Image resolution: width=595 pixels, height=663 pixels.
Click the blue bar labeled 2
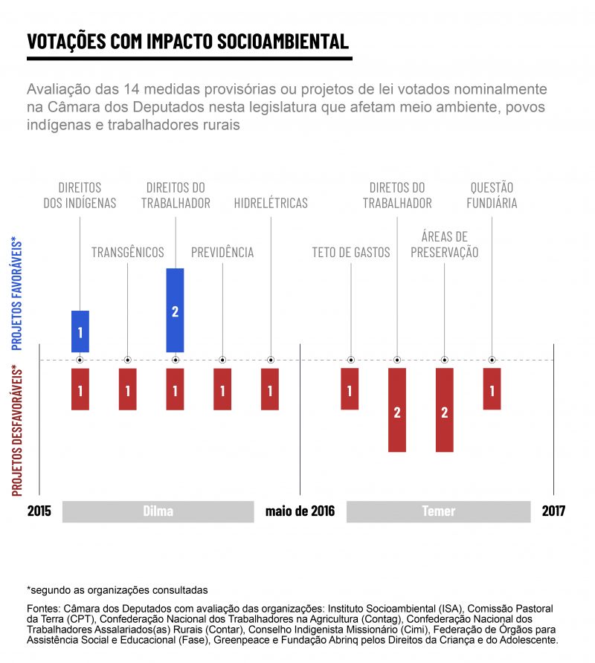175,310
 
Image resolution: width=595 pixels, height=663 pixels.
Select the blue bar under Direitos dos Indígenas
80,331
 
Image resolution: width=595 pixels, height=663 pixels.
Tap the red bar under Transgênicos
128,389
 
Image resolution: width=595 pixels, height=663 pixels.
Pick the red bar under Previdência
222,389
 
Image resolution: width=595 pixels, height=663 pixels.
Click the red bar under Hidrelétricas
270,389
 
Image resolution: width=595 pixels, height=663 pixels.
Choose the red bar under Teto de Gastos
350,389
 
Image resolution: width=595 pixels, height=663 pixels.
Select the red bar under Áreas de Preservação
445,410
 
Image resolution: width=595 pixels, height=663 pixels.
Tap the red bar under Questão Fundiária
492,389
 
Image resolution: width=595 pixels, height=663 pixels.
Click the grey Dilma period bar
158,511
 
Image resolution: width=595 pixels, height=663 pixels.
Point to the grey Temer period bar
438,511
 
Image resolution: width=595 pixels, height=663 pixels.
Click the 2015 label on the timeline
39,511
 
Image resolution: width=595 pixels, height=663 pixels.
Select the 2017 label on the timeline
553,511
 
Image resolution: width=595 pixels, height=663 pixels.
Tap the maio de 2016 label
300,511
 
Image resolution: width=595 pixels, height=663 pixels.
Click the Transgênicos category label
128,253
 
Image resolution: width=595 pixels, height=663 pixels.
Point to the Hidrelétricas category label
271,203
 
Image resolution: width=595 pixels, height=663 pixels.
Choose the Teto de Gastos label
351,253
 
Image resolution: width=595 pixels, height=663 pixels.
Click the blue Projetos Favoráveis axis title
17,294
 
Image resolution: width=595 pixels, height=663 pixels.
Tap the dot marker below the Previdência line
222,360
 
